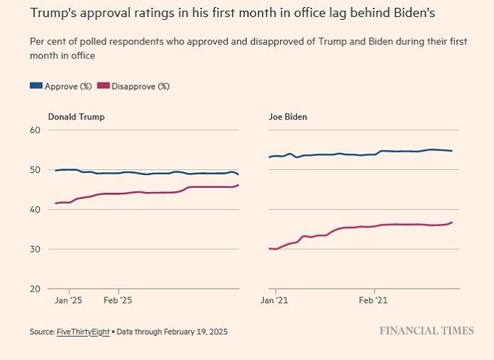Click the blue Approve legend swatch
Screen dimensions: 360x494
(36, 86)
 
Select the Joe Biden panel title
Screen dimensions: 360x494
(288, 117)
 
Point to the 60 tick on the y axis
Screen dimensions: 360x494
(35, 130)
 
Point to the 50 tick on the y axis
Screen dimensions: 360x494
(35, 170)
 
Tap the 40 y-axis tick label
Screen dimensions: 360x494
(35, 210)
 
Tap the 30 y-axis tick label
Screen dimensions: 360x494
(35, 250)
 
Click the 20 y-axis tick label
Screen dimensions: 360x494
(35, 290)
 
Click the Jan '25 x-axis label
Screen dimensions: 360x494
(69, 301)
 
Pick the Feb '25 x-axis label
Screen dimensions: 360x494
(118, 301)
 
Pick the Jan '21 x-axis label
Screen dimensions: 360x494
(274, 301)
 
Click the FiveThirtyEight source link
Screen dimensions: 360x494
(85, 332)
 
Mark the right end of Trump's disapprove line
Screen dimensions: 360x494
(238, 185)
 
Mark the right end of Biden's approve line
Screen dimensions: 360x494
(452, 151)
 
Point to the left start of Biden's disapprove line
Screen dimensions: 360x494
(269, 248)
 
